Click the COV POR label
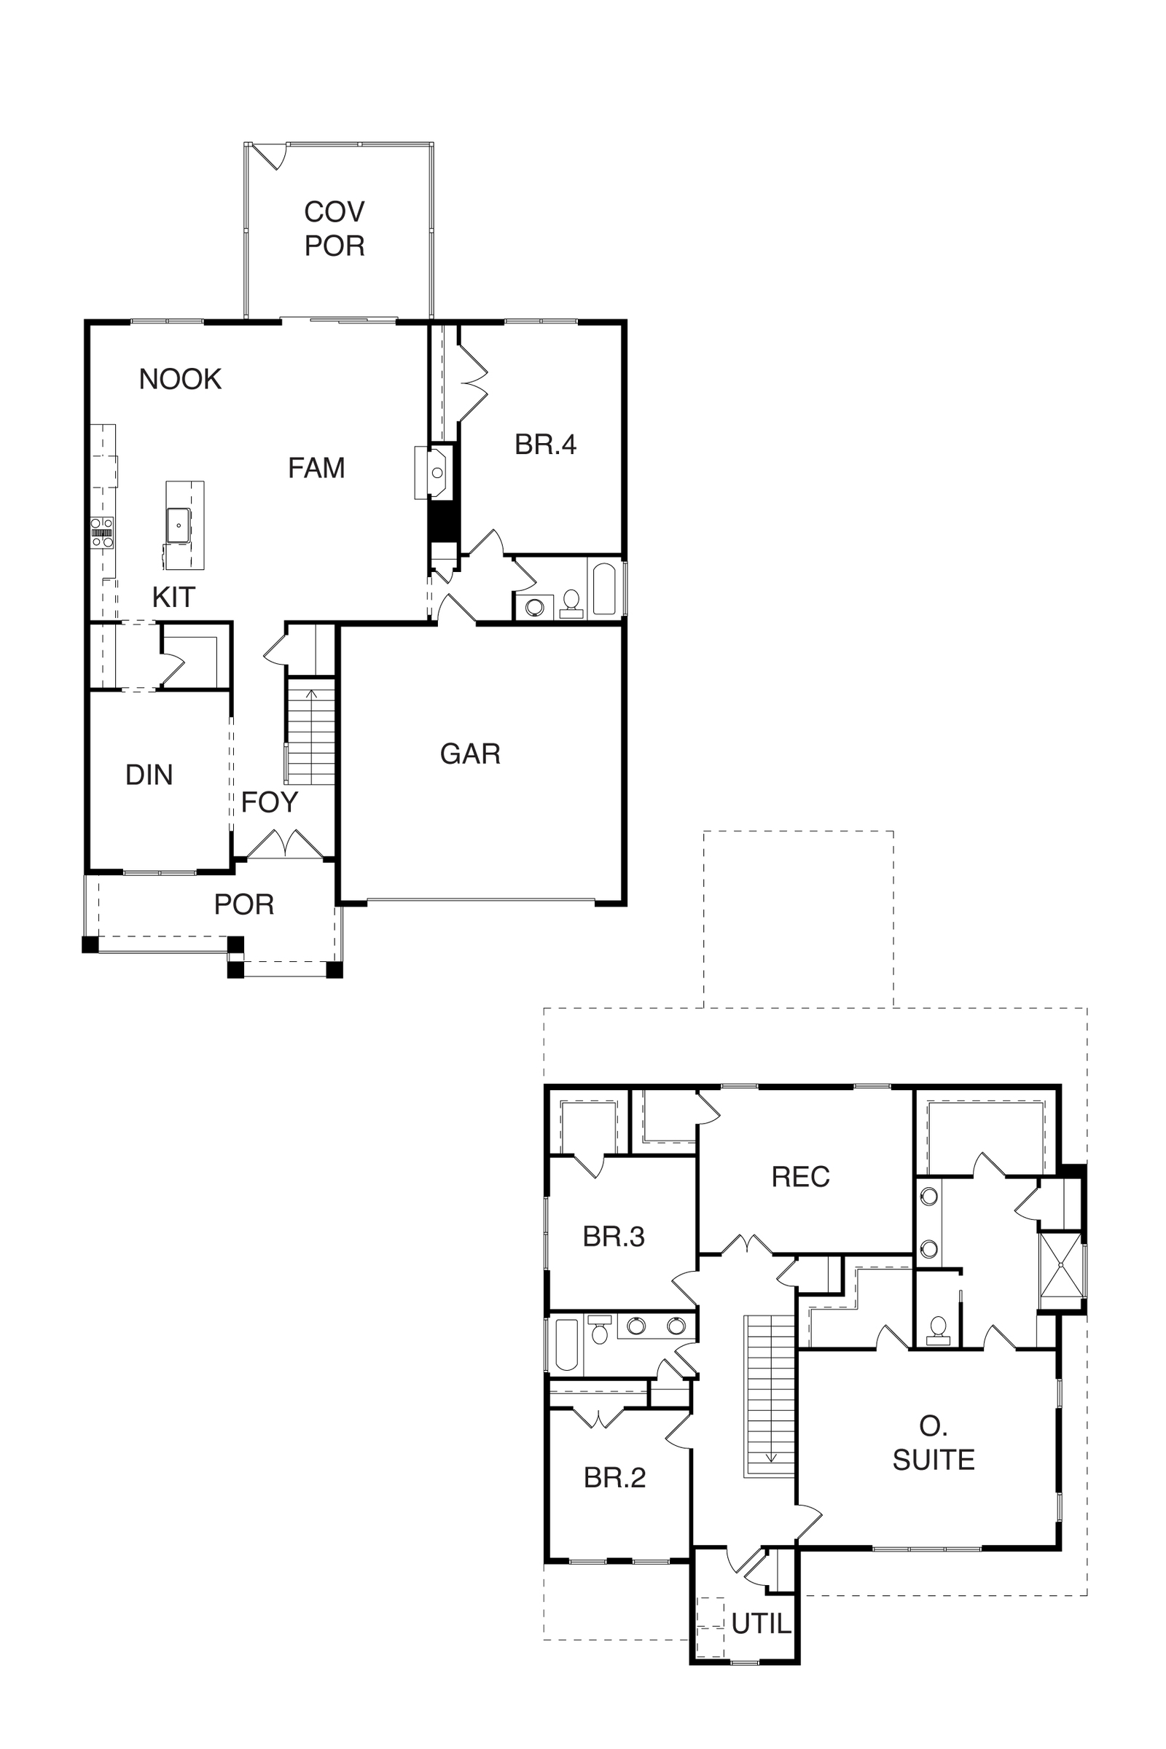[334, 228]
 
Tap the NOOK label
[180, 379]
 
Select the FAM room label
[317, 468]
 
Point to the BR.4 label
[546, 445]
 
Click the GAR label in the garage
[470, 754]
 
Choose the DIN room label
[149, 775]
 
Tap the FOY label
[269, 802]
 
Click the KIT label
[173, 597]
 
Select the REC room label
[801, 1177]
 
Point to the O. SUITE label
[934, 1443]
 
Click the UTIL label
[762, 1625]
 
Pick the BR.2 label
[615, 1478]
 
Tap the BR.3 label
[614, 1237]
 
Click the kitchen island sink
[179, 525]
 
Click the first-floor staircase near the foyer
[311, 732]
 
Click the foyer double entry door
[285, 845]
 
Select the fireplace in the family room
[435, 472]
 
